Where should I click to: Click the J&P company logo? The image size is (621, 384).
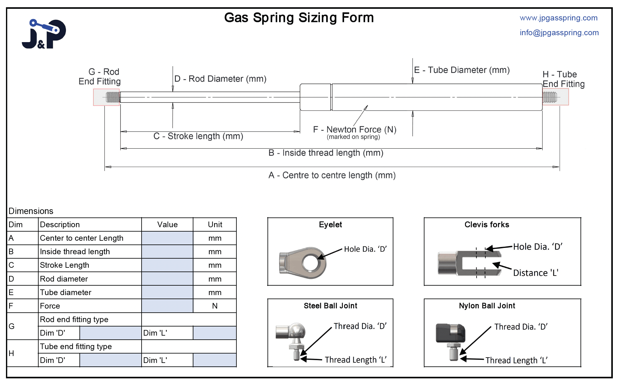(44, 34)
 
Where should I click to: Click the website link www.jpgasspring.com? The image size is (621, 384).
(559, 18)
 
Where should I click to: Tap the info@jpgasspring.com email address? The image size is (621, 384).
(559, 33)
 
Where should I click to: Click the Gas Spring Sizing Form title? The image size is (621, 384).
(299, 18)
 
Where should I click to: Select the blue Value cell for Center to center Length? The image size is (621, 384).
(167, 238)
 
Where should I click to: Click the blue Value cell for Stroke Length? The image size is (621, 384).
(167, 265)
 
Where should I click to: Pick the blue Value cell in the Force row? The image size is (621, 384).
(167, 306)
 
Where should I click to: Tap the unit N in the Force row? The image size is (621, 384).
(215, 306)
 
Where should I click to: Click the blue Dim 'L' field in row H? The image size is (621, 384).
(214, 360)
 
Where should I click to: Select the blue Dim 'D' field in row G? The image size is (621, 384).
(111, 333)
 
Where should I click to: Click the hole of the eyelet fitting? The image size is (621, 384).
(310, 262)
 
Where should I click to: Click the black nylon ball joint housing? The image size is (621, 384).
(450, 333)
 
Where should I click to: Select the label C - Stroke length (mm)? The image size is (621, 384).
(198, 136)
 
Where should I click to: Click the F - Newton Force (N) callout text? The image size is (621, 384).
(354, 129)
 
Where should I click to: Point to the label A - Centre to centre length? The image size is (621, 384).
(332, 175)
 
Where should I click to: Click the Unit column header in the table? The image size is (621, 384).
(215, 225)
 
